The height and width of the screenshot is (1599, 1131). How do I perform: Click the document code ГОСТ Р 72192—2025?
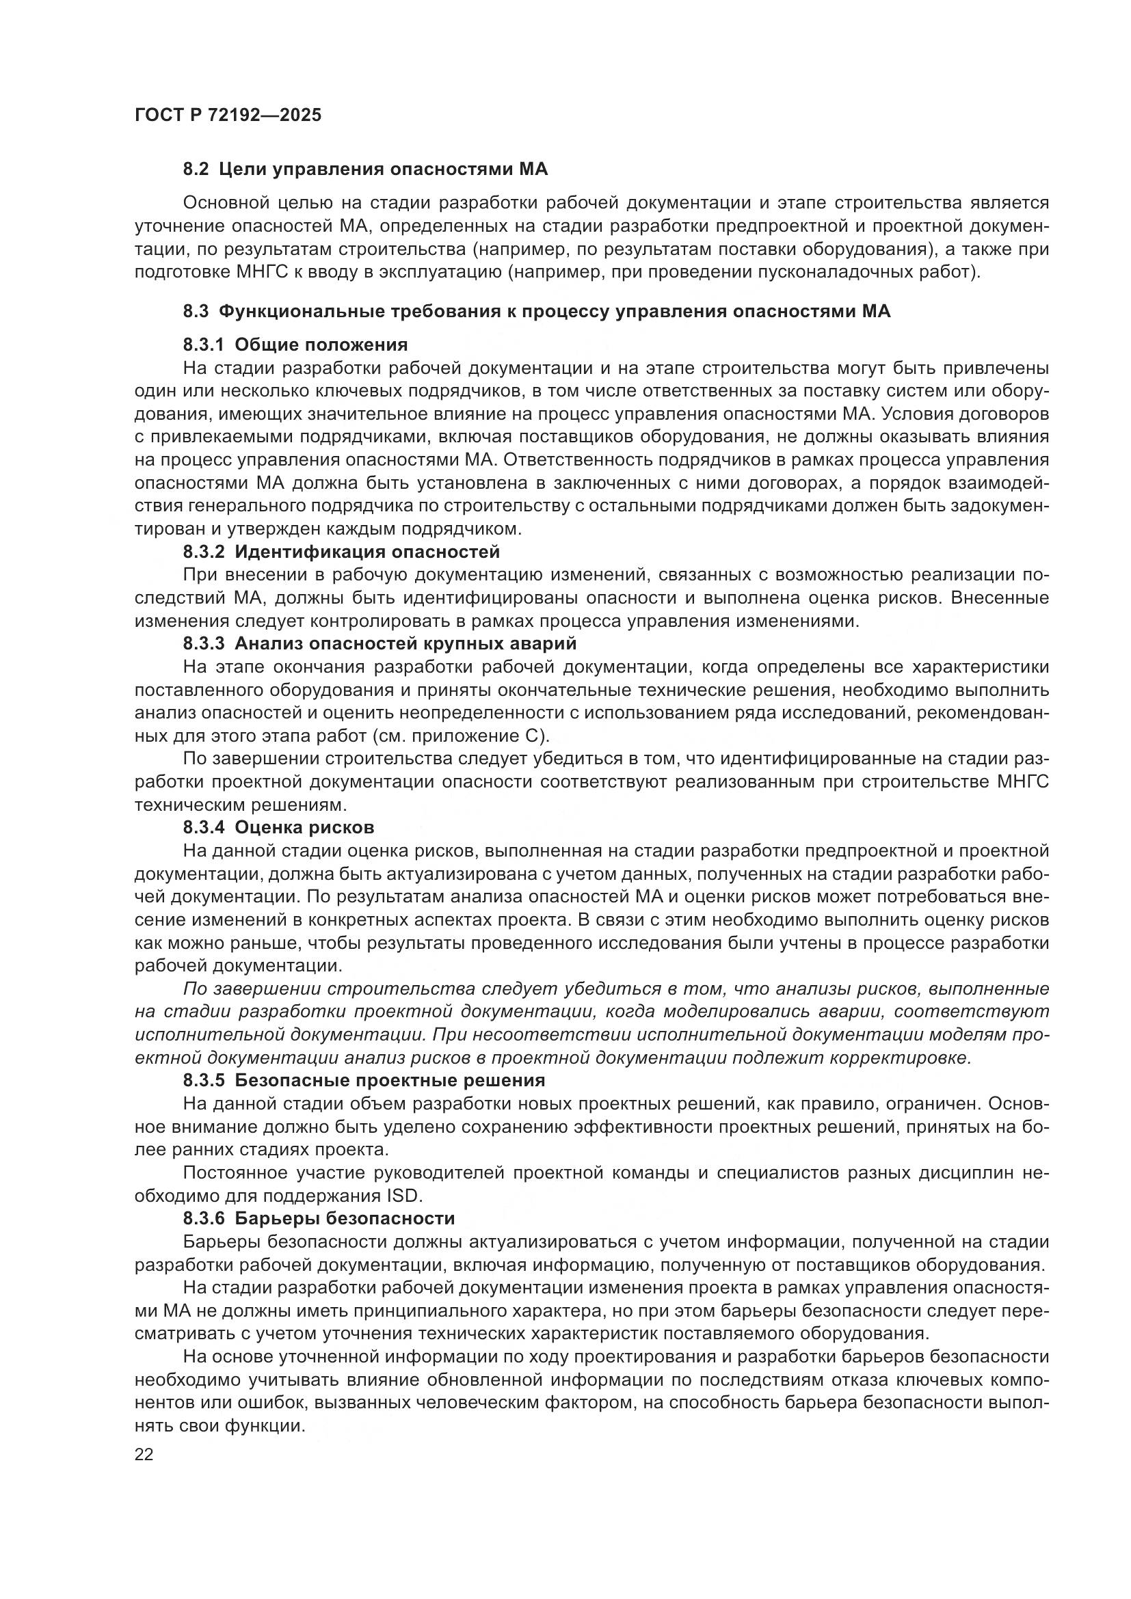point(228,116)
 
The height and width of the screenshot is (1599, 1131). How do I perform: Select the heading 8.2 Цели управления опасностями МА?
point(365,170)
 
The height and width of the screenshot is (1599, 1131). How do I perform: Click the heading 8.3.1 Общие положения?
point(295,345)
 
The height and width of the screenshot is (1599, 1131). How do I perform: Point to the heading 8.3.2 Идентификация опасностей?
point(341,552)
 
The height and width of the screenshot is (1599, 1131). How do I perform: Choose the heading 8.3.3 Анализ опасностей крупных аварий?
point(380,643)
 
